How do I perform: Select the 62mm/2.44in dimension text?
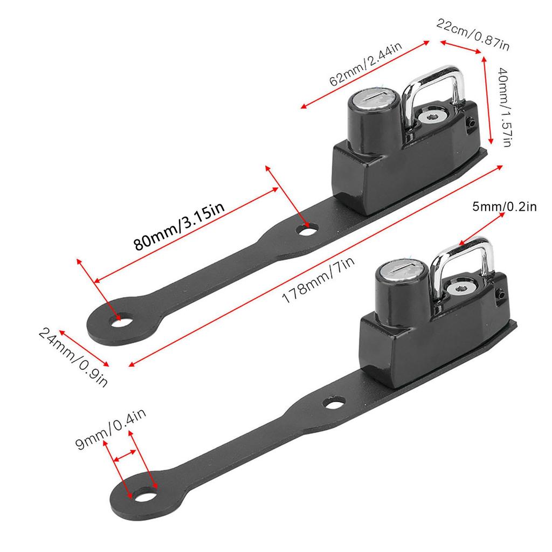(365, 63)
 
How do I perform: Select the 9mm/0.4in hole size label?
(111, 429)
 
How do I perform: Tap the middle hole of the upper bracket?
(307, 231)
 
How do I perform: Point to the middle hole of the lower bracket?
(335, 403)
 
